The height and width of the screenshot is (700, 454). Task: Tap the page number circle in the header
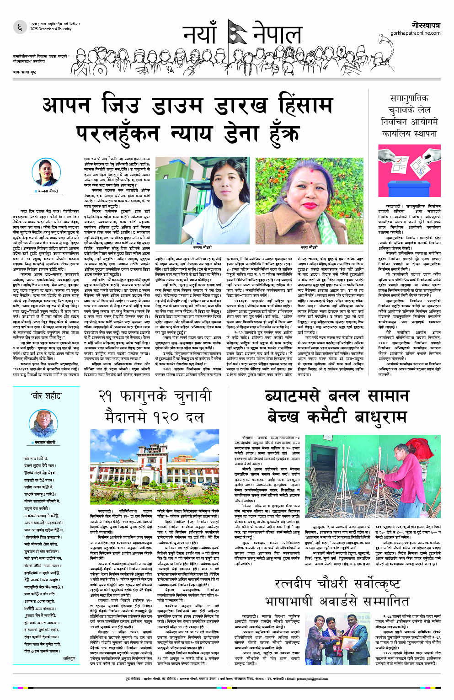click(x=20, y=27)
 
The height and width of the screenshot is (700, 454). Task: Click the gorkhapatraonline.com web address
click(x=415, y=33)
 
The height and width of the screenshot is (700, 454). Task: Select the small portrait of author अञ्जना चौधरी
click(x=45, y=172)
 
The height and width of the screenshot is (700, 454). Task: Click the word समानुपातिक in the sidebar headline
click(x=409, y=98)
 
